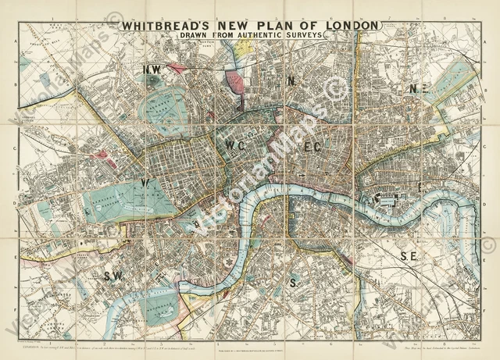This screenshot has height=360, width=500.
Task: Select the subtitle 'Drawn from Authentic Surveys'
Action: (x=250, y=37)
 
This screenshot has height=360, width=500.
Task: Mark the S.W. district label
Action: (x=114, y=275)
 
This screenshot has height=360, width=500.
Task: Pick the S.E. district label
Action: (x=409, y=255)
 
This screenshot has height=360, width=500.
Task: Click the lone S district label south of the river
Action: (x=292, y=280)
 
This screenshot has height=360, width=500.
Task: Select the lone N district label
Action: (x=289, y=80)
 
